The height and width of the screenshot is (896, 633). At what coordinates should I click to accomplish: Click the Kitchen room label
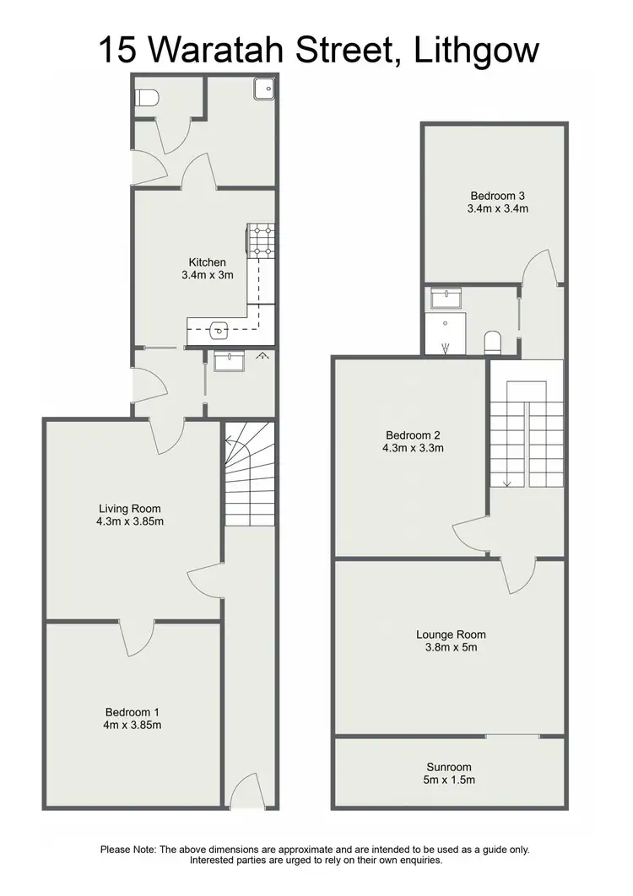(207, 262)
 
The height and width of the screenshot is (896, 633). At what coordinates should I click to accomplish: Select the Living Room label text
(129, 508)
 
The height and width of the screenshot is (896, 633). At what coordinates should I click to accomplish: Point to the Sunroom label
(450, 767)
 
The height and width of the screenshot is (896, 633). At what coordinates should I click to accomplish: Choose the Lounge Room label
(451, 634)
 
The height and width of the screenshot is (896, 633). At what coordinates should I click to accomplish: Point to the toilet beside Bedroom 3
(493, 342)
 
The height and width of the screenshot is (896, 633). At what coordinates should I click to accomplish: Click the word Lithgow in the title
(477, 51)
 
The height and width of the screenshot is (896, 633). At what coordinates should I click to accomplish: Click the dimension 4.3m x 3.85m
(129, 521)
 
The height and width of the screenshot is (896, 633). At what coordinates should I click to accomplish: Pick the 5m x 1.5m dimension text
(450, 780)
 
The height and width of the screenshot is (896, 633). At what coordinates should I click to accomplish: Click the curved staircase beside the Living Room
(250, 477)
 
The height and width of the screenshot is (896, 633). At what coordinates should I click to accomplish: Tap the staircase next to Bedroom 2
(526, 439)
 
